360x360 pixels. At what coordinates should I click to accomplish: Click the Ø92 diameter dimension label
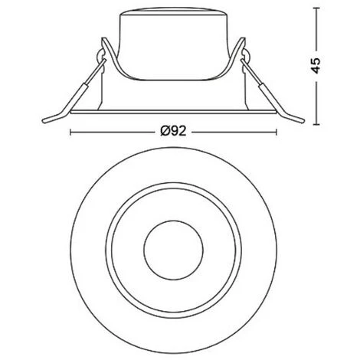pyautogui.click(x=173, y=132)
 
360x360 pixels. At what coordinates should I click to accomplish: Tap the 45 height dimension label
pyautogui.click(x=316, y=66)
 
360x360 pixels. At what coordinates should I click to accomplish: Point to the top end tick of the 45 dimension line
pyautogui.click(x=316, y=8)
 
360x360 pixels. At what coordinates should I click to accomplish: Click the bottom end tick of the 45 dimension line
pyautogui.click(x=316, y=124)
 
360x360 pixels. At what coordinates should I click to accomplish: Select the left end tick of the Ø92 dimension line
pyautogui.click(x=70, y=132)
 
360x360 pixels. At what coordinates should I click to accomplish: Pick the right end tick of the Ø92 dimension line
pyautogui.click(x=276, y=132)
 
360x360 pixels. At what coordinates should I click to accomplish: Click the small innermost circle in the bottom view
pyautogui.click(x=173, y=250)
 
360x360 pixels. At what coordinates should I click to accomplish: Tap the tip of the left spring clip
pyautogui.click(x=44, y=121)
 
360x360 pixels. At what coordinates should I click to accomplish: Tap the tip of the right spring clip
pyautogui.click(x=303, y=121)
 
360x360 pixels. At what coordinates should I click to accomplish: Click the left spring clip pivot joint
pyautogui.click(x=100, y=54)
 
